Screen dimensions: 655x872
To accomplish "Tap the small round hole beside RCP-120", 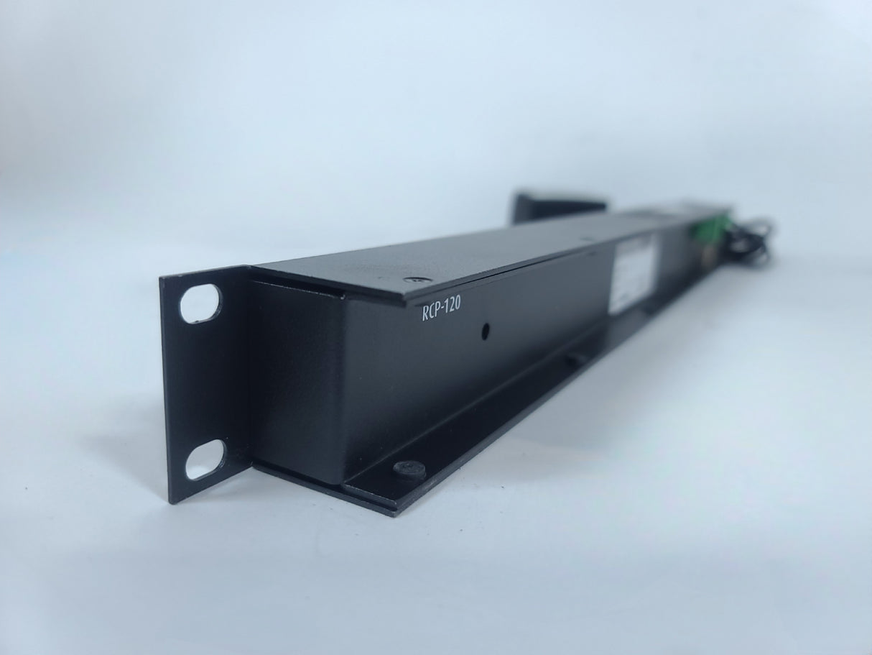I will (486, 331).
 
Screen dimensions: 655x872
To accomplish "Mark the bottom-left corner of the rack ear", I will (170, 502).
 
